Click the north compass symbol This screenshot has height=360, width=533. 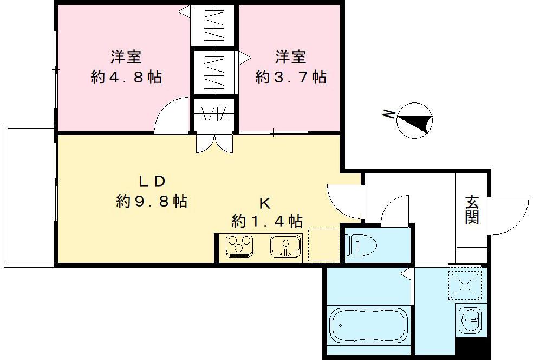pyautogui.click(x=415, y=120)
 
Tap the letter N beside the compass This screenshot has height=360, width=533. pyautogui.click(x=388, y=114)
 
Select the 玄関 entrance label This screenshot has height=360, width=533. pyautogui.click(x=472, y=210)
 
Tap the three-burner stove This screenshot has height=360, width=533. pyautogui.click(x=238, y=246)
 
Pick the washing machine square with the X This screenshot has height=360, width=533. pyautogui.click(x=465, y=284)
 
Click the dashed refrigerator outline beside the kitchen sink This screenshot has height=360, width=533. pyautogui.click(x=323, y=245)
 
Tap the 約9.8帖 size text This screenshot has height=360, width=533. pyautogui.click(x=152, y=202)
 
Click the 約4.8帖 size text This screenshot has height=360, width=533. pyautogui.click(x=126, y=77)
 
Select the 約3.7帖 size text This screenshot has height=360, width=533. pyautogui.click(x=291, y=77)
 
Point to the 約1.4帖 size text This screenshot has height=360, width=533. pyautogui.click(x=266, y=221)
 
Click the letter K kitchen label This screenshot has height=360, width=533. pyautogui.click(x=265, y=204)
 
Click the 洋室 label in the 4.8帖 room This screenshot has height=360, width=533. pyautogui.click(x=126, y=56)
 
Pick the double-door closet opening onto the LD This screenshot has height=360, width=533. pyautogui.click(x=214, y=142)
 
